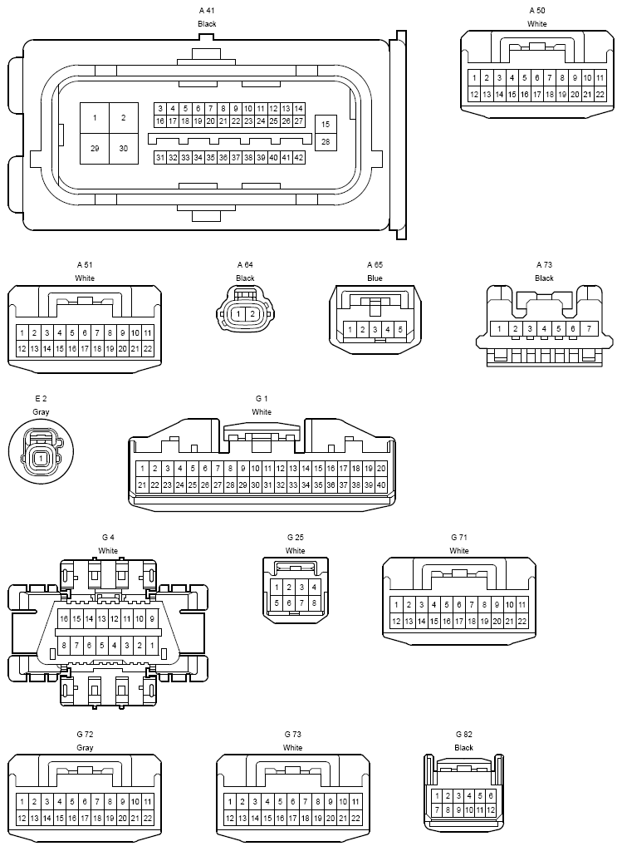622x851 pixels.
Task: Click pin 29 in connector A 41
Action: tap(95, 148)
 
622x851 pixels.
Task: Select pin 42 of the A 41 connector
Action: tap(299, 157)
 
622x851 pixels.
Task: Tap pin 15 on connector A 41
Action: tap(326, 124)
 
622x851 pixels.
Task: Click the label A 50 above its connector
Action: tap(537, 10)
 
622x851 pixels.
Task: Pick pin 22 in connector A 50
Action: tap(600, 94)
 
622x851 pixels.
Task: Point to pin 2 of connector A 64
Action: tap(252, 314)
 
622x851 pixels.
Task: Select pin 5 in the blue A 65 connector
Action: tap(400, 330)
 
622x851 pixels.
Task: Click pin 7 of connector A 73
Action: tap(589, 329)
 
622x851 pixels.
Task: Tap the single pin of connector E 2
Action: tap(41, 458)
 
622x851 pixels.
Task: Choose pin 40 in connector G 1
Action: tap(381, 485)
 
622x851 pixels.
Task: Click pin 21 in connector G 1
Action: tap(142, 485)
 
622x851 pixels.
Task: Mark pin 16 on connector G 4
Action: tap(64, 619)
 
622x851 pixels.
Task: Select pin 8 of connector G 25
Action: tap(314, 603)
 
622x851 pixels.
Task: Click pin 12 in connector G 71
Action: tap(396, 621)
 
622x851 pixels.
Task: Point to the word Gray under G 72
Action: tap(85, 748)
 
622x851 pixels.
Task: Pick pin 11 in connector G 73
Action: tap(355, 802)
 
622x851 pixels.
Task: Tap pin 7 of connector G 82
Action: tap(437, 809)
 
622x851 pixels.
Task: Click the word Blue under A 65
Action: tap(375, 278)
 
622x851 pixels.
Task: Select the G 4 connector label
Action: tap(107, 538)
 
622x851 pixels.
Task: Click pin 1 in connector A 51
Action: tap(22, 332)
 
